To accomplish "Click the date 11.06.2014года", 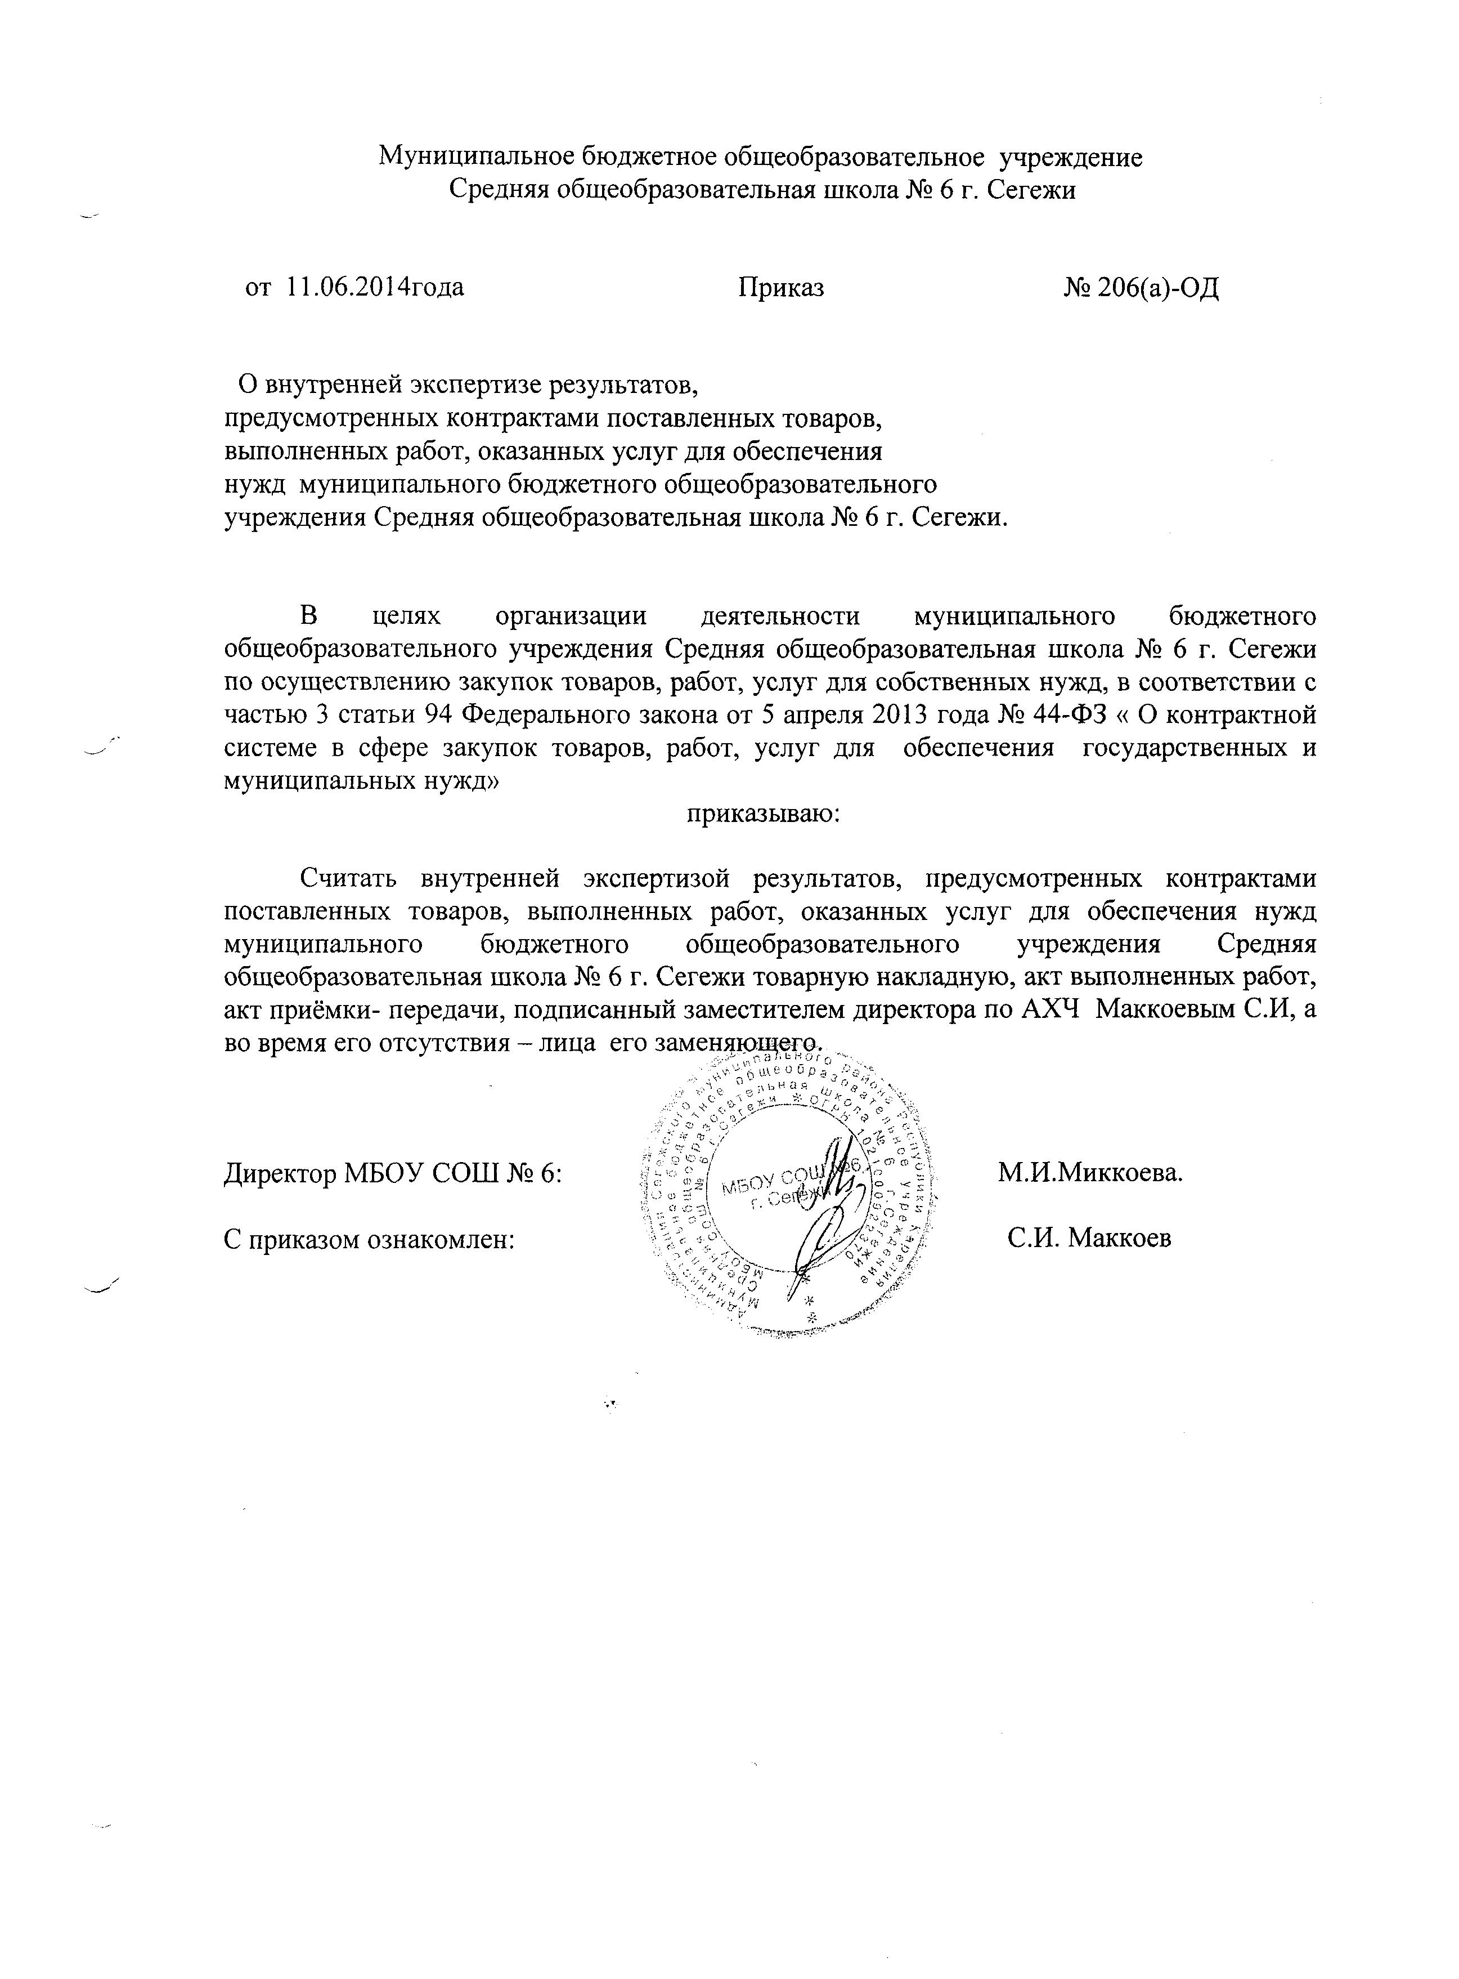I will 375,287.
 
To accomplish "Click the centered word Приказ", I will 782,287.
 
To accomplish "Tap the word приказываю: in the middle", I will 764,814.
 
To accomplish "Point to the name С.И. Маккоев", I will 1090,1238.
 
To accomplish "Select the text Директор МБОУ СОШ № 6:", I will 393,1173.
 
